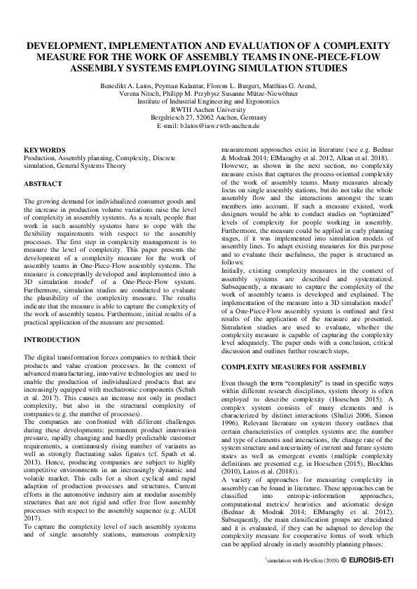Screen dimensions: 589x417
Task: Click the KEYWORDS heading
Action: tap(45, 150)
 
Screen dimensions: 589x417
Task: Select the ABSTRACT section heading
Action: tap(44, 183)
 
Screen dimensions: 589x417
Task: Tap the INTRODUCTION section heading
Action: tap(52, 339)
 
